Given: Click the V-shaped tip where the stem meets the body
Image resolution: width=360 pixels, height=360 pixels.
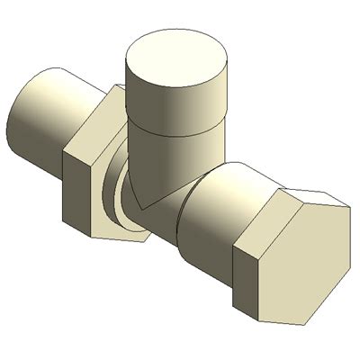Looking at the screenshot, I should coord(144,205).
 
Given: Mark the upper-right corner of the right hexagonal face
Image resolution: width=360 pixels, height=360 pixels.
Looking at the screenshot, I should coord(347,208).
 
